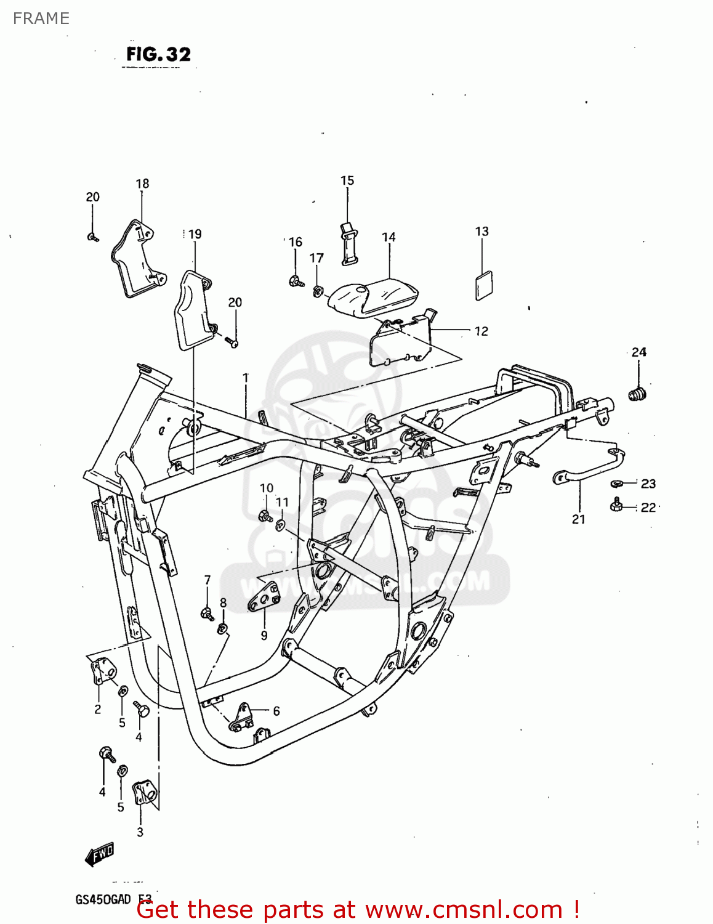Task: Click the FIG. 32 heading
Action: click(x=158, y=55)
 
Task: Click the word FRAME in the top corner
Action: click(x=41, y=18)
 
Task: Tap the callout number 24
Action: click(x=638, y=352)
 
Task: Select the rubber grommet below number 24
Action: click(x=637, y=393)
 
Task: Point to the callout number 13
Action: click(x=481, y=232)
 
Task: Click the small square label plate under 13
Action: click(x=484, y=285)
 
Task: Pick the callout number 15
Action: click(x=347, y=180)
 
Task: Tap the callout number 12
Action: click(x=481, y=331)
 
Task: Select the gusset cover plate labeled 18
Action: click(x=137, y=259)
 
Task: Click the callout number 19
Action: click(x=195, y=234)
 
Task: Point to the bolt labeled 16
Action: click(x=296, y=282)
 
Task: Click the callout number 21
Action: click(x=578, y=519)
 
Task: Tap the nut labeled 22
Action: click(x=614, y=505)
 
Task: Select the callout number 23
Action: click(x=648, y=484)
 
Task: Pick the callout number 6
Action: click(x=276, y=711)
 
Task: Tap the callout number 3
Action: click(x=140, y=832)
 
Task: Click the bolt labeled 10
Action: click(x=265, y=516)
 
